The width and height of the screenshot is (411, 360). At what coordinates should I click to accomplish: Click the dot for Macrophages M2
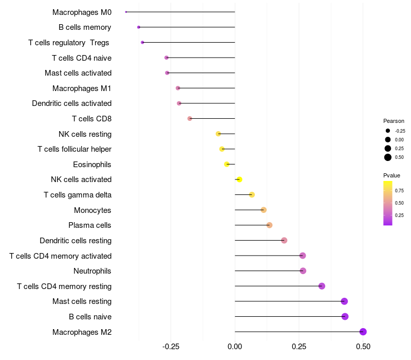click(x=363, y=332)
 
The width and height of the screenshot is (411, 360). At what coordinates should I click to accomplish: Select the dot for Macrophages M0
click(x=126, y=12)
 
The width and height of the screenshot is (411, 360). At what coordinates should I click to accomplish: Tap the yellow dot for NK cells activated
click(x=239, y=179)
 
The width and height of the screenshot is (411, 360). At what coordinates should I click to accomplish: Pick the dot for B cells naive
click(x=345, y=317)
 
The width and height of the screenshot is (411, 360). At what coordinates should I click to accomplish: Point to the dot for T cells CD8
click(x=190, y=119)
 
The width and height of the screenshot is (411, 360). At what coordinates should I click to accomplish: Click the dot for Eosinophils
click(x=227, y=165)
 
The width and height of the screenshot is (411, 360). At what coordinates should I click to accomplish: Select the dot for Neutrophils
click(x=303, y=271)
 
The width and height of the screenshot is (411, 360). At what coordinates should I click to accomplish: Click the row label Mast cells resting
click(x=82, y=301)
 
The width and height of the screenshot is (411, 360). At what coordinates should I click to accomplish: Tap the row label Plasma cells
click(x=90, y=225)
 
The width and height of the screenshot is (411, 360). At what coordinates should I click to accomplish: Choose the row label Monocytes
click(x=92, y=210)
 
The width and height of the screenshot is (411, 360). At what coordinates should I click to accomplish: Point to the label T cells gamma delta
click(x=78, y=195)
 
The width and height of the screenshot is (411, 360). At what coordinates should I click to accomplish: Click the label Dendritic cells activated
click(x=72, y=103)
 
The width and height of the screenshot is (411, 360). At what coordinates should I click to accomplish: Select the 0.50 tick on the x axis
click(x=363, y=346)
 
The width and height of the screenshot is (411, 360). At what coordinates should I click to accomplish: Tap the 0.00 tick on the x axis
click(x=235, y=346)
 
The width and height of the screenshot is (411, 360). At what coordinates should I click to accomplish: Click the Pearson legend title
click(x=394, y=121)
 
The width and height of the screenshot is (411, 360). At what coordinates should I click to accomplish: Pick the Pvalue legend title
click(x=392, y=175)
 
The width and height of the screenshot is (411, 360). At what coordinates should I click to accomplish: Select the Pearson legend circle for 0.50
click(x=388, y=157)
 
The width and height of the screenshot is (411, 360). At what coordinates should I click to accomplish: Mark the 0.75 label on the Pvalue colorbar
click(x=399, y=190)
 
